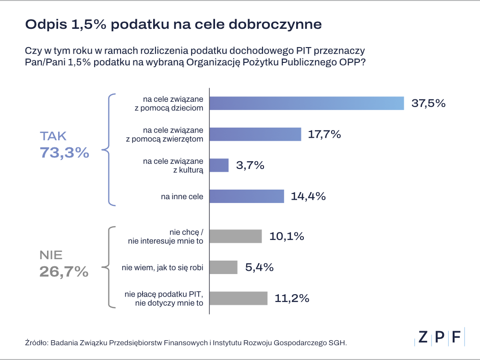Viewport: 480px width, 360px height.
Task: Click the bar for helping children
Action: (x=307, y=103)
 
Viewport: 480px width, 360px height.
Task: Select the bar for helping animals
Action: (x=256, y=134)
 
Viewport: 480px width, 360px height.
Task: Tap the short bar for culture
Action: (x=220, y=165)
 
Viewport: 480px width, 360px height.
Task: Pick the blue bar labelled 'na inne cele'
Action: (x=248, y=196)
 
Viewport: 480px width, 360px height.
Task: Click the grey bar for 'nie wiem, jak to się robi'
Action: (x=224, y=267)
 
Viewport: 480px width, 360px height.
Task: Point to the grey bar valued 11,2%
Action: (x=239, y=298)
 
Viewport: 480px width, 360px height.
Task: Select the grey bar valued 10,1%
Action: (x=236, y=236)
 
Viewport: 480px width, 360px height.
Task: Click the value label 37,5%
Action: (x=429, y=103)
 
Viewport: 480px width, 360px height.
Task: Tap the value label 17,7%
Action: (x=324, y=134)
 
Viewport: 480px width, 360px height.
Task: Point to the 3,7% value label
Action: (x=250, y=166)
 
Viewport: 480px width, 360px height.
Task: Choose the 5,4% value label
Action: (x=259, y=267)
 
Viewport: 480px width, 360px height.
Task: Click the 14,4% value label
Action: (x=309, y=196)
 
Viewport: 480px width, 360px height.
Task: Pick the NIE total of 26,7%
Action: (x=64, y=272)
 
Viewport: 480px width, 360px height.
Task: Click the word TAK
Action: (x=53, y=136)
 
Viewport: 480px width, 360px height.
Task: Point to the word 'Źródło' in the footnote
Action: (x=36, y=343)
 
